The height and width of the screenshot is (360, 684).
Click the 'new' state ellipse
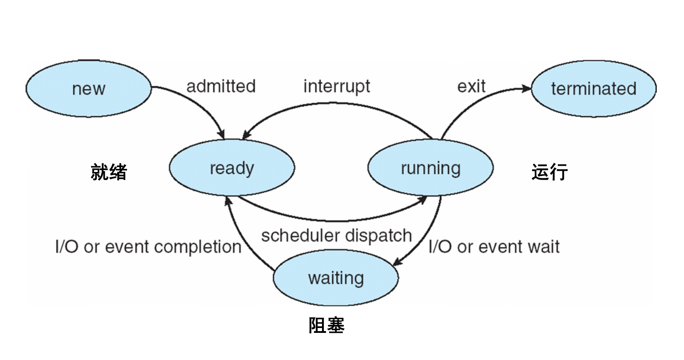click(88, 88)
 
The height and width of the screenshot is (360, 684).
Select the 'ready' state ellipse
click(232, 168)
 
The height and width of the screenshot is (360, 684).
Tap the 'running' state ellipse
click(430, 168)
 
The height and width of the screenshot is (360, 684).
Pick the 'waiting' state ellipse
click(336, 277)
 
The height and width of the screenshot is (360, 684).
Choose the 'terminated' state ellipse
click(594, 88)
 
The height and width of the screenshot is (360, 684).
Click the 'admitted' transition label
click(221, 86)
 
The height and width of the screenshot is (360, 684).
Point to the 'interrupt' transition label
click(337, 87)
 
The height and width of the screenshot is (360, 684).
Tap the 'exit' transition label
click(472, 86)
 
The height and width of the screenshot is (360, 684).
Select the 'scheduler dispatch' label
click(337, 236)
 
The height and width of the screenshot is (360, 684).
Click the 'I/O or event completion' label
click(148, 247)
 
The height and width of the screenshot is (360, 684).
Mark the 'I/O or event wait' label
click(494, 247)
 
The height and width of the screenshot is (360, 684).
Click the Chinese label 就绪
click(109, 172)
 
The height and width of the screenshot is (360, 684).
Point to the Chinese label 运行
click(550, 172)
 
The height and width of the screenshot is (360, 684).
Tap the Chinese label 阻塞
click(326, 325)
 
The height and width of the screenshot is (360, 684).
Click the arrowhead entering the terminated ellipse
click(526, 88)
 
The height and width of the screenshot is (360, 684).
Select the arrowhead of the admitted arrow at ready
click(221, 135)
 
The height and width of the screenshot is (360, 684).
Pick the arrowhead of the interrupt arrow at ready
click(247, 135)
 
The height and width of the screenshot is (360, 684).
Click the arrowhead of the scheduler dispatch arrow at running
click(422, 200)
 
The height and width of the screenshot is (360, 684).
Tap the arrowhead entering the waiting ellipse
click(398, 262)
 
